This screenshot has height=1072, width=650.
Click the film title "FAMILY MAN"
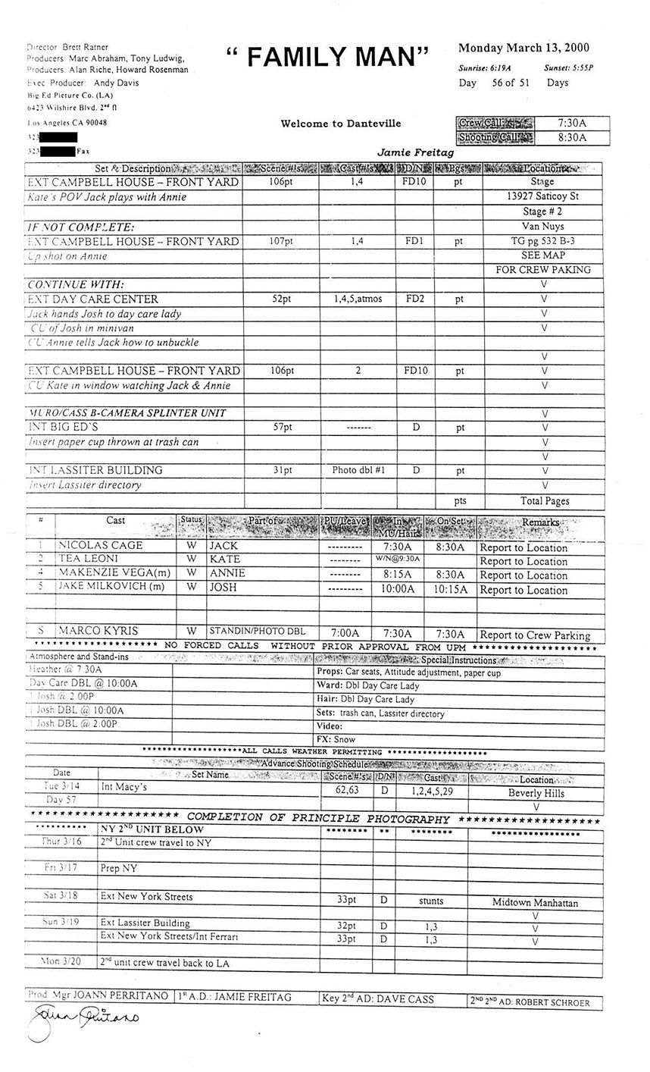tap(327, 57)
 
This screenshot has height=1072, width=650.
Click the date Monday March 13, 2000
tap(524, 48)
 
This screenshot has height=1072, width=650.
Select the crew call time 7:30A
tap(572, 122)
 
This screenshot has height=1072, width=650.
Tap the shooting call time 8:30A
tap(572, 137)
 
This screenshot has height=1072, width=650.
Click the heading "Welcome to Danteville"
tap(341, 123)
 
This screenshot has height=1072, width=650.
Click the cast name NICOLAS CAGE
tap(101, 546)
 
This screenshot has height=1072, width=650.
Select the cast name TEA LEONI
tap(89, 560)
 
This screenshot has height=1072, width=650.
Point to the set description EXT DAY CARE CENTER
tap(93, 299)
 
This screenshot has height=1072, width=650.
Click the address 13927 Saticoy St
tap(543, 196)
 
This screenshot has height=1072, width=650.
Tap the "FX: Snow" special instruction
tap(336, 738)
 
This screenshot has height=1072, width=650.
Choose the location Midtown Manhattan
tap(535, 902)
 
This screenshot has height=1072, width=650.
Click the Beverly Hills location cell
tap(536, 793)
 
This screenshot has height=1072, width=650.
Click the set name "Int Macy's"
tap(124, 788)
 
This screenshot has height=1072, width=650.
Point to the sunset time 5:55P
tap(569, 67)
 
